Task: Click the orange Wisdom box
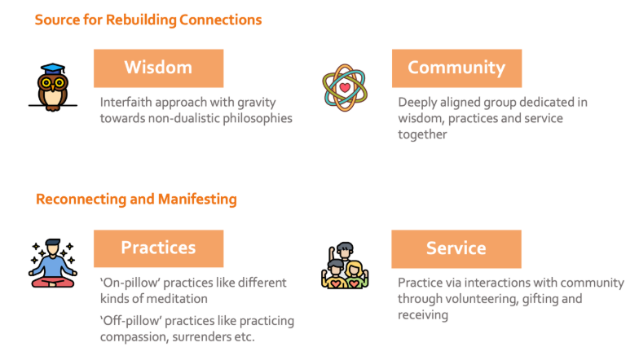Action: click(x=158, y=68)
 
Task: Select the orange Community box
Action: click(x=456, y=68)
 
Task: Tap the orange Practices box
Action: click(x=158, y=248)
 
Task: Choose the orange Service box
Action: click(x=456, y=249)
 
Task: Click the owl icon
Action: click(x=53, y=88)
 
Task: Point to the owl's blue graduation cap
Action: click(x=54, y=68)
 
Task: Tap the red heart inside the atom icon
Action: click(x=346, y=88)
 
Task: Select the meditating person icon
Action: click(x=52, y=263)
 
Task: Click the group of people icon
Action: click(x=345, y=266)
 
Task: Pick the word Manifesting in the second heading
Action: click(x=197, y=199)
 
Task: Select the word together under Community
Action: click(x=422, y=134)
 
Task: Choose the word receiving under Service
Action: click(x=423, y=314)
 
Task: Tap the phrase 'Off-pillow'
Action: click(x=130, y=321)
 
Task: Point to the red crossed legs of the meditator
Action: click(x=52, y=282)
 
